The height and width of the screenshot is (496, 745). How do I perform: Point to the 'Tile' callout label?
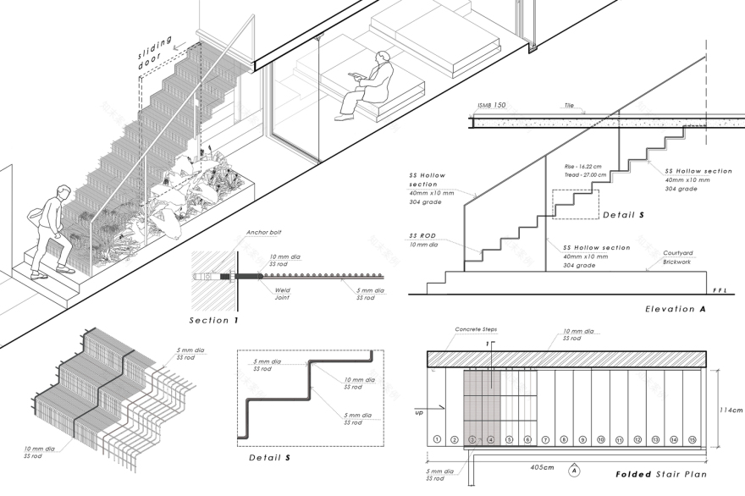569,107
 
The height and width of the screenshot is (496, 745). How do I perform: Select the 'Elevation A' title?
675,310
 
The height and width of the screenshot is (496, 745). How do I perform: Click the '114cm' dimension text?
731,411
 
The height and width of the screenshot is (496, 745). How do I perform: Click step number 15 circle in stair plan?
692,439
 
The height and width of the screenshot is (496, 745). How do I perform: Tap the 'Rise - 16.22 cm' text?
586,166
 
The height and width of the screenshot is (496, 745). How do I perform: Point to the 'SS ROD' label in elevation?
422,236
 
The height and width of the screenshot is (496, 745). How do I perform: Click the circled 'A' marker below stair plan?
574,468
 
